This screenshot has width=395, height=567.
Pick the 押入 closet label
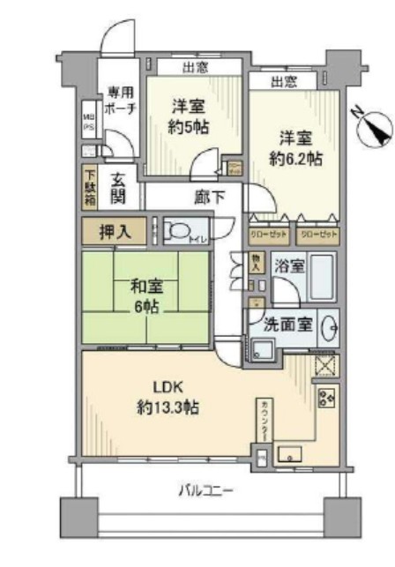116,233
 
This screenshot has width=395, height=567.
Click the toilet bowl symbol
180,232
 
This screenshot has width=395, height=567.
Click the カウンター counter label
265,421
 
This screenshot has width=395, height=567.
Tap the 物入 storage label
255,262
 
